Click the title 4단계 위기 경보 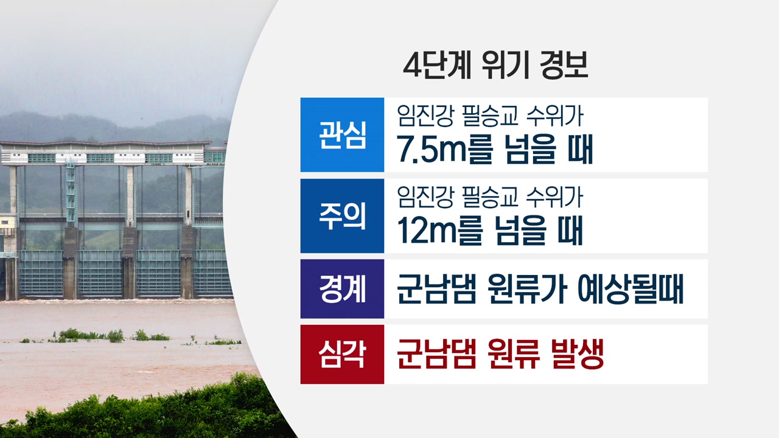495,65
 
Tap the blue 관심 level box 342,134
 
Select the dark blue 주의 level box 342,216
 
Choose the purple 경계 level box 342,289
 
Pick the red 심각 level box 342,354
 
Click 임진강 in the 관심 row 425,116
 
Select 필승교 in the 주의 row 491,197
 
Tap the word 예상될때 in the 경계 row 631,289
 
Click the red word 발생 578,354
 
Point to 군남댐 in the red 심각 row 436,354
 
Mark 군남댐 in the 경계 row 436,289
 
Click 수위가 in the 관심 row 554,116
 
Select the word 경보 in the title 563,65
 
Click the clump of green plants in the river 91,335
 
